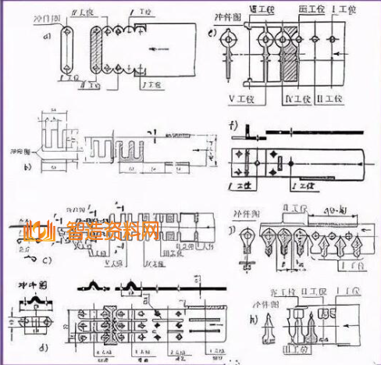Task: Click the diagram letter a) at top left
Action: point(48,36)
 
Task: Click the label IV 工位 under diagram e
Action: point(280,99)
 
